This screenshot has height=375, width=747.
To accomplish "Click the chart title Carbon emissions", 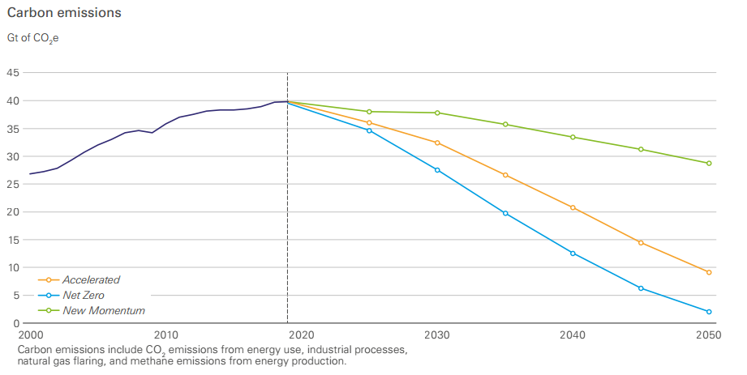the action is [64, 13].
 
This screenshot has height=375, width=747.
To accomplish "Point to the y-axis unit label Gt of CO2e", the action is [33, 39].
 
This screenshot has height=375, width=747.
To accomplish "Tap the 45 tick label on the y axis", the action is [13, 73].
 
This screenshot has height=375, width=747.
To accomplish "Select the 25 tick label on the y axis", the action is [13, 184].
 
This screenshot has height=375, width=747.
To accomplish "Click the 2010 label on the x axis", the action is [165, 335].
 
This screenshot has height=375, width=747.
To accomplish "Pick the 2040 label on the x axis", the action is [573, 335].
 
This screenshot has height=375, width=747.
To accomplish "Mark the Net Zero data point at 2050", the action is [709, 312].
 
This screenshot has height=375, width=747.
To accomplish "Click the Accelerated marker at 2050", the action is [709, 273].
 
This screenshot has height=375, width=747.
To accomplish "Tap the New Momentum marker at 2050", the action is [709, 164].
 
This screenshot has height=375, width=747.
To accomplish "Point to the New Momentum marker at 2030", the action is [437, 113].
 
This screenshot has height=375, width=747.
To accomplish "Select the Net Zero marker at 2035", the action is [505, 213].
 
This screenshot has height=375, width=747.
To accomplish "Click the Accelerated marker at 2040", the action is [573, 207].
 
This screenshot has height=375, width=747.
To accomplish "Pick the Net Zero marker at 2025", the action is [369, 130].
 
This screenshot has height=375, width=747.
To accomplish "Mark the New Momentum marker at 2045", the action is [641, 149].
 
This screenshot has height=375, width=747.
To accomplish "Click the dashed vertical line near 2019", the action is [287, 198].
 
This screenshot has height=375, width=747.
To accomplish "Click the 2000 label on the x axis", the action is [31, 335].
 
